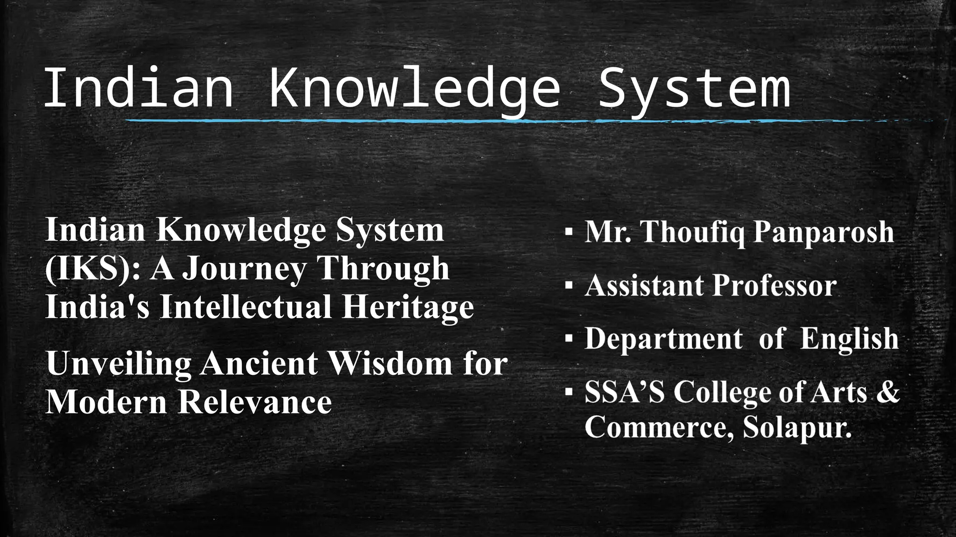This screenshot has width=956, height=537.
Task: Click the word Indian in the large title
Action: pyautogui.click(x=139, y=88)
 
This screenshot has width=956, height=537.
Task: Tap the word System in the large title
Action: pyautogui.click(x=694, y=88)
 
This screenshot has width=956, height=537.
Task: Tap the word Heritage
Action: pyautogui.click(x=408, y=307)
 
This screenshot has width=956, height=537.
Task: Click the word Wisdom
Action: pyautogui.click(x=390, y=364)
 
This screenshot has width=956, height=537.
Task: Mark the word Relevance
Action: pyautogui.click(x=255, y=401)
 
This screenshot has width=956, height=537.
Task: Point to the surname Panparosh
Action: pyautogui.click(x=824, y=232)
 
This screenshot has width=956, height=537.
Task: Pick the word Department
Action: pyautogui.click(x=663, y=338)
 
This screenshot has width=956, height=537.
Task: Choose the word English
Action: pyautogui.click(x=849, y=338)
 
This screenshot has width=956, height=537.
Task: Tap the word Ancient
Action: pyautogui.click(x=259, y=364)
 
